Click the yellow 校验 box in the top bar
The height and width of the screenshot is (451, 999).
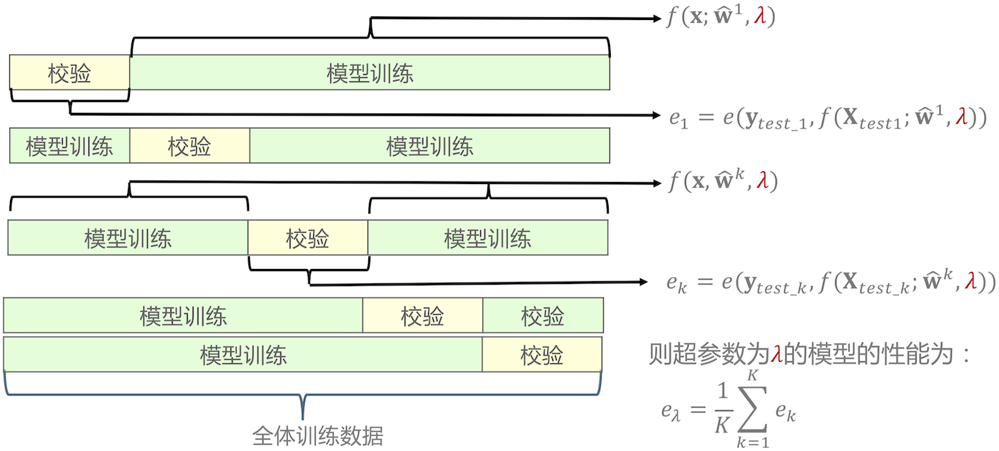pos(70,73)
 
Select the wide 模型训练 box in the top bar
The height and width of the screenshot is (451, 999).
pos(370,73)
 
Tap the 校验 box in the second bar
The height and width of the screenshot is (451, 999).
pos(190,146)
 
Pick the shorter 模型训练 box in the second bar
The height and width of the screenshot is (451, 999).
pos(69,146)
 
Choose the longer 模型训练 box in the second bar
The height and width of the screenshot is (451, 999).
pos(430,146)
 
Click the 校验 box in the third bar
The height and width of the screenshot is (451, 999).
pos(308,238)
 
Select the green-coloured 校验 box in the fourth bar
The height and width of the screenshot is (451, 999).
pos(542,315)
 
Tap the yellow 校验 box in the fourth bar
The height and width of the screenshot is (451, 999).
pos(422,315)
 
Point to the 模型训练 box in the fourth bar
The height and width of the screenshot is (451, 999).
pos(183,315)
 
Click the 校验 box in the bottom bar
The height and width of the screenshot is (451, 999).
pos(542,354)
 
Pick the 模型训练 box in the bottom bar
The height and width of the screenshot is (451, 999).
pos(243,354)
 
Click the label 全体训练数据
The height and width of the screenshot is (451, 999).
pos(318,435)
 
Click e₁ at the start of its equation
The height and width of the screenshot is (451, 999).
pos(677,118)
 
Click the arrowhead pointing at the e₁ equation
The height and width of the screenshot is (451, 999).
pos(656,113)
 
